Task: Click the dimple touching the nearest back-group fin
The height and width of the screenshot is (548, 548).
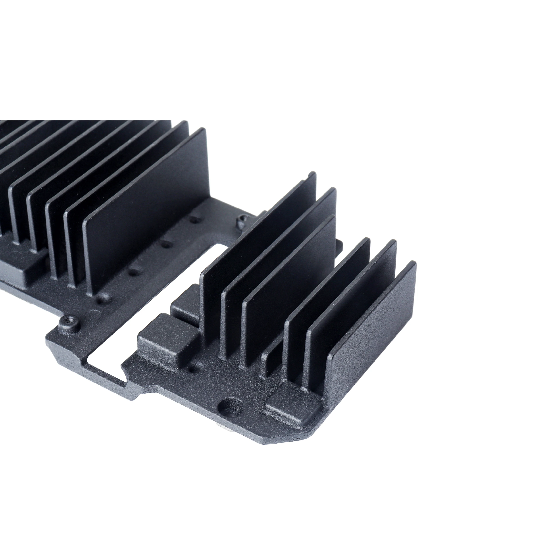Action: tap(101, 298)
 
